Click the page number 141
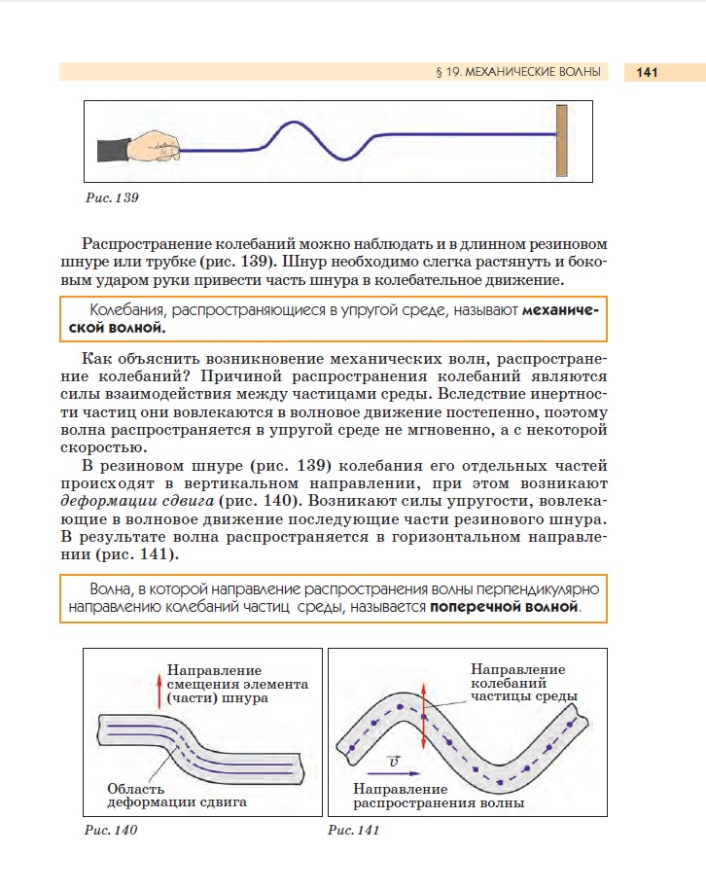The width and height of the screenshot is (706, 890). point(647,72)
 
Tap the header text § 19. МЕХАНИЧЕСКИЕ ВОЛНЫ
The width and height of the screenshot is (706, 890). point(516,72)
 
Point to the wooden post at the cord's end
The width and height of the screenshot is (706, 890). point(561,141)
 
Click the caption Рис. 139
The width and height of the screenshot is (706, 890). point(113,197)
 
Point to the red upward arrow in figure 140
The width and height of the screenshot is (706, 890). point(159,691)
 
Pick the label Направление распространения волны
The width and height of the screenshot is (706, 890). point(439,796)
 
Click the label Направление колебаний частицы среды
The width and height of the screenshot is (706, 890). point(524,683)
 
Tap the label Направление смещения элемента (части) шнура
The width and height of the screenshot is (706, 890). point(237,684)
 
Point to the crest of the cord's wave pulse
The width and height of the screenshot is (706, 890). point(294,124)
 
